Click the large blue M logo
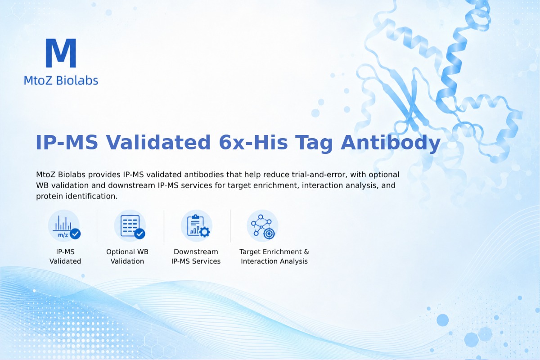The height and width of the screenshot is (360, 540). (61, 53)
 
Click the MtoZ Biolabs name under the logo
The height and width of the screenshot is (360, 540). (61, 80)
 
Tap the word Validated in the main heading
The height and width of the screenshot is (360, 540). (158, 142)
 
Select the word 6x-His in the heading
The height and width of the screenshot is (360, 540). (253, 142)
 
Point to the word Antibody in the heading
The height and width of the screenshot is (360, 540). (391, 143)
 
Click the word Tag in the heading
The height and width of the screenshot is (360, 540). (314, 144)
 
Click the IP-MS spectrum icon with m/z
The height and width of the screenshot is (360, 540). (64, 226)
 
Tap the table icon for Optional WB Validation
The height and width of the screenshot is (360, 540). (130, 226)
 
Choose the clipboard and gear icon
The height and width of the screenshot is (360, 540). (197, 226)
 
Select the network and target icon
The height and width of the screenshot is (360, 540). (262, 226)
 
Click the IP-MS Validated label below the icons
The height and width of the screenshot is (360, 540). (65, 256)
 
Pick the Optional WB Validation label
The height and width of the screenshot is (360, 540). (127, 256)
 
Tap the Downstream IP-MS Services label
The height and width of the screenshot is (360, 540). (196, 256)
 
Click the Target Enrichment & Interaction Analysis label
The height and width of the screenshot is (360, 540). (274, 256)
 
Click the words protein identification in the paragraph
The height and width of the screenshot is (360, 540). (76, 196)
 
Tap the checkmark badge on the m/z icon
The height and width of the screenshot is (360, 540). (75, 234)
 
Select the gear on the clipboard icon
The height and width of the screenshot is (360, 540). (204, 232)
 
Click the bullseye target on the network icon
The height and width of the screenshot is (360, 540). (269, 234)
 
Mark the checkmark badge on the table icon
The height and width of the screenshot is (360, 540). (139, 234)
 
